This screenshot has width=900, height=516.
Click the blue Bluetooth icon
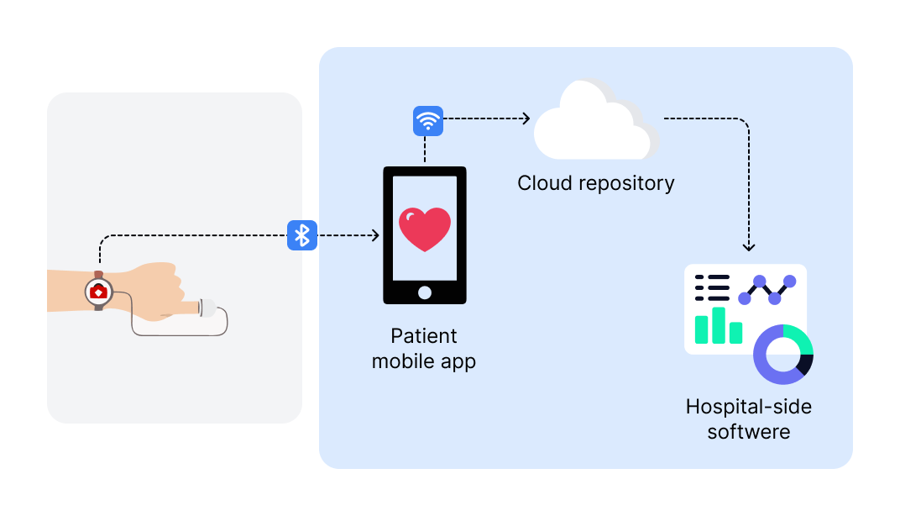tap(302, 235)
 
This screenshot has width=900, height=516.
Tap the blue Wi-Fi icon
tap(428, 121)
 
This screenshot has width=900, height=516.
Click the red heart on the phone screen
tap(425, 229)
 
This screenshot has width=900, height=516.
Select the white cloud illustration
tap(595, 122)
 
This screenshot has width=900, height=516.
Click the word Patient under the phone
tap(424, 336)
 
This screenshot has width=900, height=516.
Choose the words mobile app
tap(424, 362)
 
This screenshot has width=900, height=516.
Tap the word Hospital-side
tap(749, 408)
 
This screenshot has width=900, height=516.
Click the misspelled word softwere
tap(749, 433)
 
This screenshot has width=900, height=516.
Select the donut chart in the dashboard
tap(783, 353)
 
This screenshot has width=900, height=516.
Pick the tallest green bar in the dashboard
tap(718, 325)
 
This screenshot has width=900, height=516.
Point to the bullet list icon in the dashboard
tap(712, 288)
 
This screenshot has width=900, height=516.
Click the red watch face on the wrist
tap(99, 292)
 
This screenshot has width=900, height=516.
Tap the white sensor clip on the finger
tap(207, 308)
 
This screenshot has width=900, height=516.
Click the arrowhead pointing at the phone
tap(375, 236)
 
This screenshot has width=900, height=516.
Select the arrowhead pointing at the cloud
tap(526, 118)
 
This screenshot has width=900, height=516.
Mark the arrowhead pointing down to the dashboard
tap(749, 247)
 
